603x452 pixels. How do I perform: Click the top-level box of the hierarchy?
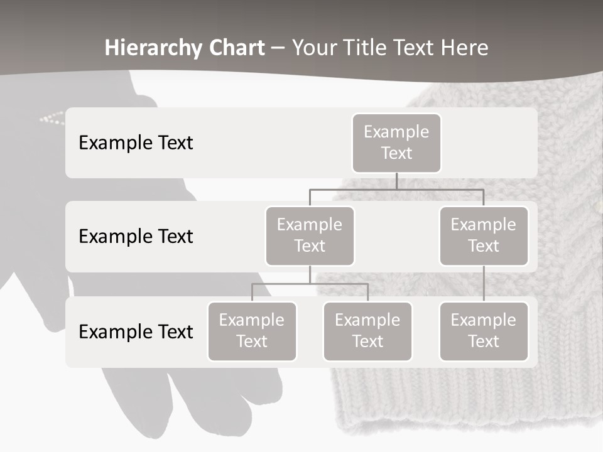pos(396,143)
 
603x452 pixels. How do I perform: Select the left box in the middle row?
pos(310,235)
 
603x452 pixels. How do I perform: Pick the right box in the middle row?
pos(484,235)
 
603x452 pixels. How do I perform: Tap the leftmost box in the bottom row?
pos(252,331)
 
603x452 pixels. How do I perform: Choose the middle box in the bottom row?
pos(367,331)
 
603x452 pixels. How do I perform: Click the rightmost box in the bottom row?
pos(484,331)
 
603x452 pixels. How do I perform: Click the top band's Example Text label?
pos(136,143)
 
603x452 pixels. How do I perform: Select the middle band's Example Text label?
pos(136,236)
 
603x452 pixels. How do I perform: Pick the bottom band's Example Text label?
pos(136,331)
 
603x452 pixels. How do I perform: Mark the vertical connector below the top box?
pos(396,181)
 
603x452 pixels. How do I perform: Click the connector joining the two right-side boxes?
pos(484,284)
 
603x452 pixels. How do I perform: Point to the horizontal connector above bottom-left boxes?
pos(310,284)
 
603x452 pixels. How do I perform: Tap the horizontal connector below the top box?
pos(396,189)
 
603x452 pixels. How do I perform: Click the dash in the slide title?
pos(278,48)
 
